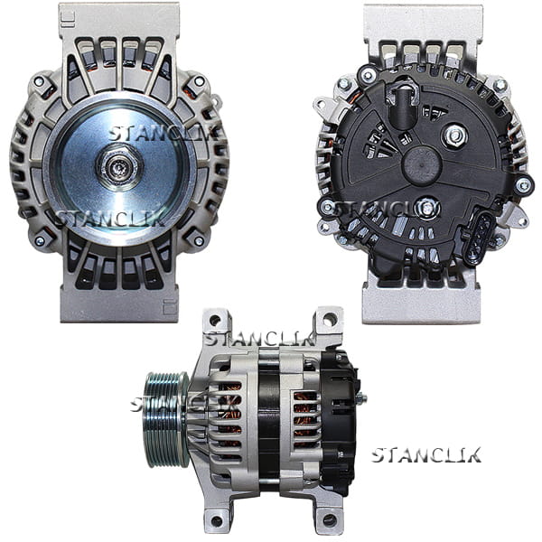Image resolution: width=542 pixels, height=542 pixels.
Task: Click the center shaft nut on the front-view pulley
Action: pyautogui.click(x=119, y=166)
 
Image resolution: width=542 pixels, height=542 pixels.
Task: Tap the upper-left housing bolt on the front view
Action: pyautogui.click(x=39, y=82)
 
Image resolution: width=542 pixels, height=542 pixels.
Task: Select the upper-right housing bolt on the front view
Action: pyautogui.click(x=199, y=81)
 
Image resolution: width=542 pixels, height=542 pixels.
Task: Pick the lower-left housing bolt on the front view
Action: pyautogui.click(x=40, y=241)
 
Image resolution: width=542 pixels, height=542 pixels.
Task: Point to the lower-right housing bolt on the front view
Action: pyautogui.click(x=199, y=241)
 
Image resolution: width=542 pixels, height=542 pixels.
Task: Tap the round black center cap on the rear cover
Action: pyautogui.click(x=422, y=165)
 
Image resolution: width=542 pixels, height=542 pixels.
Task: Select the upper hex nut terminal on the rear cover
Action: pyautogui.click(x=454, y=135)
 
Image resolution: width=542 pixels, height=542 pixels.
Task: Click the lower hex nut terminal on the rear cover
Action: pyautogui.click(x=427, y=208)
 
